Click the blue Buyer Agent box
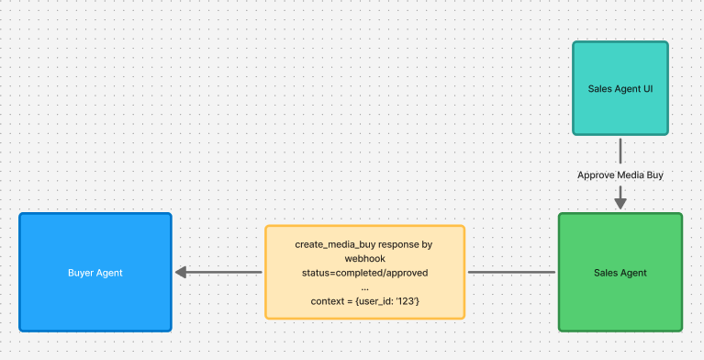[95, 273]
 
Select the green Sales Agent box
[620, 273]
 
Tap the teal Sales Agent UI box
[620, 89]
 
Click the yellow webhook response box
[364, 273]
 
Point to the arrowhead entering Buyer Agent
[181, 273]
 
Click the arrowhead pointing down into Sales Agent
[620, 198]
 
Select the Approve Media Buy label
[620, 174]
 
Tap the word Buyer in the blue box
[82, 273]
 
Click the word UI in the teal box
[647, 89]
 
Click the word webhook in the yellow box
[365, 259]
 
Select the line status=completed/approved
[364, 273]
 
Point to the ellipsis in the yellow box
[364, 287]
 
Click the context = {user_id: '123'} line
[364, 301]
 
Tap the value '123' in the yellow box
[409, 301]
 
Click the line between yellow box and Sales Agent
[511, 273]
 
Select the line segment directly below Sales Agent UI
[620, 151]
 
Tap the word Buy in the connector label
[654, 174]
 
